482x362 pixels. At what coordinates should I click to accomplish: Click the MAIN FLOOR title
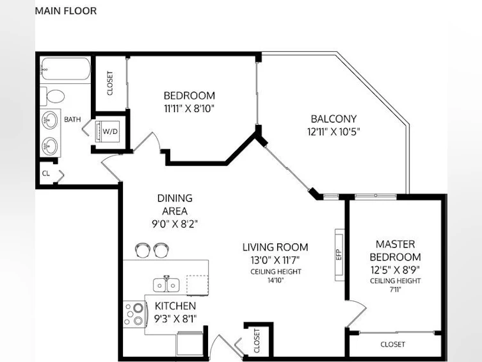tap(66, 11)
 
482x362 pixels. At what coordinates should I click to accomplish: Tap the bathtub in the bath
tap(65, 69)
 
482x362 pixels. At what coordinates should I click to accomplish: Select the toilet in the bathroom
tap(52, 95)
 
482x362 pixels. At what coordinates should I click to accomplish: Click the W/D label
tap(110, 131)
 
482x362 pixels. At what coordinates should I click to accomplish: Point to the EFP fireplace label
tap(339, 254)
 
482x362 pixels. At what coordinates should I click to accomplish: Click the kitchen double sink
tap(166, 284)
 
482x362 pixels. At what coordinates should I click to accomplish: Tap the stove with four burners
tap(134, 314)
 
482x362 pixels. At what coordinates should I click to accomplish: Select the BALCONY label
tap(333, 119)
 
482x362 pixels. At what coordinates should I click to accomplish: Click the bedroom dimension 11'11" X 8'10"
tap(189, 108)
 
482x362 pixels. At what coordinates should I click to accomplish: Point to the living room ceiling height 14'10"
tap(275, 280)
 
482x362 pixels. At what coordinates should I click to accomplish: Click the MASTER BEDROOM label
tap(396, 251)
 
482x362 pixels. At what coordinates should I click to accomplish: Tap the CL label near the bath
tap(46, 173)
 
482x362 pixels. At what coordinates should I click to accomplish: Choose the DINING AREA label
tap(175, 204)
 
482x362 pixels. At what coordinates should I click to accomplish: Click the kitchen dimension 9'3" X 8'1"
tap(175, 319)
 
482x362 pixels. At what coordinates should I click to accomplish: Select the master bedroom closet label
tap(392, 344)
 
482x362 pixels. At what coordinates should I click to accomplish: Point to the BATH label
tap(72, 119)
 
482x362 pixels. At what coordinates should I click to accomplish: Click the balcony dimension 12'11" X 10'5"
tap(333, 132)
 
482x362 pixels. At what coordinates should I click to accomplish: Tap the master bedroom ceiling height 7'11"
tap(396, 290)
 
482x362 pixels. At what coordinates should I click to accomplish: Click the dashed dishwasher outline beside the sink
tap(198, 285)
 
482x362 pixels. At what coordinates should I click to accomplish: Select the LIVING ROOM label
tap(275, 247)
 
